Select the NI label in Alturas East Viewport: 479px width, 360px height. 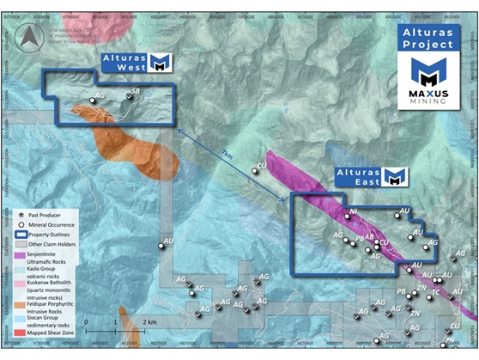coord(352,210)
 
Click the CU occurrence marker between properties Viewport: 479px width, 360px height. coord(254,172)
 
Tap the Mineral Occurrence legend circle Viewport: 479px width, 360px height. coord(21,222)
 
